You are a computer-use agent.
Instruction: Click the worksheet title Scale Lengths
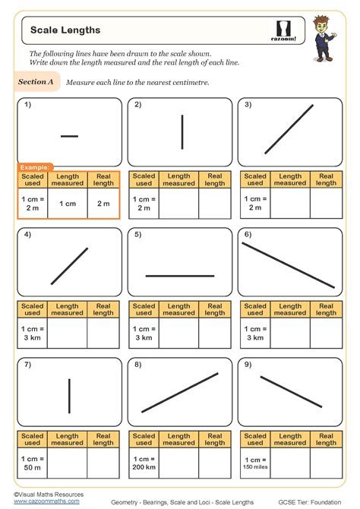click(65, 30)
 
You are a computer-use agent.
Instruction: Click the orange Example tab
click(36, 166)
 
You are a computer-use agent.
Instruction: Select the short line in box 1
click(69, 136)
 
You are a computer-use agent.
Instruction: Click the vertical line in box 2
click(182, 131)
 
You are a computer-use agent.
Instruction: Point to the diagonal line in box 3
click(289, 129)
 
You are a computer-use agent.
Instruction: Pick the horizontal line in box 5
click(180, 275)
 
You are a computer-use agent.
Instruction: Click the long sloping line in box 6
click(289, 265)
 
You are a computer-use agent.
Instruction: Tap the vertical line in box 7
click(70, 395)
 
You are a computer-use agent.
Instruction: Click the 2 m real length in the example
click(103, 204)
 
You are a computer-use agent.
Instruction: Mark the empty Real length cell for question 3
click(327, 204)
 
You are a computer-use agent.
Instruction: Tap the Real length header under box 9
click(327, 440)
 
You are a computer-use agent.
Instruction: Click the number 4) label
click(27, 235)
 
